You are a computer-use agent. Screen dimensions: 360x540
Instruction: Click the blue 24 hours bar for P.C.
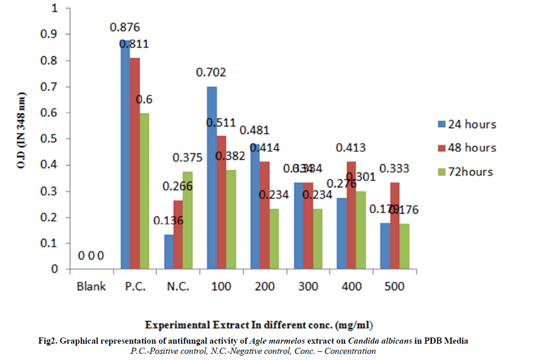coord(125,153)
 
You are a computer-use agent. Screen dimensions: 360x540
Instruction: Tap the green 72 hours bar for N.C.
coord(187,220)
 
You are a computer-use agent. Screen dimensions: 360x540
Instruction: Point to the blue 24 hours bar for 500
coord(385,245)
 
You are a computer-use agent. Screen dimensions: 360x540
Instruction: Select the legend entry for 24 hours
coord(467,124)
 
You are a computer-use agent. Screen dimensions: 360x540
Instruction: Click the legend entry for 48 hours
coord(467,148)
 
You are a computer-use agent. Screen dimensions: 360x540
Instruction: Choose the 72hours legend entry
coord(466,171)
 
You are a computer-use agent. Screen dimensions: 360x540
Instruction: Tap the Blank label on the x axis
coord(91,286)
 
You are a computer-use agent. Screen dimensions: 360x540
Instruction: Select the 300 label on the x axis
coord(307,286)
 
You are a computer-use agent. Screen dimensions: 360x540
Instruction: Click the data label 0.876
coord(125,27)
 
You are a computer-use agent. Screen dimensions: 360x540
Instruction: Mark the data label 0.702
coord(211,73)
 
